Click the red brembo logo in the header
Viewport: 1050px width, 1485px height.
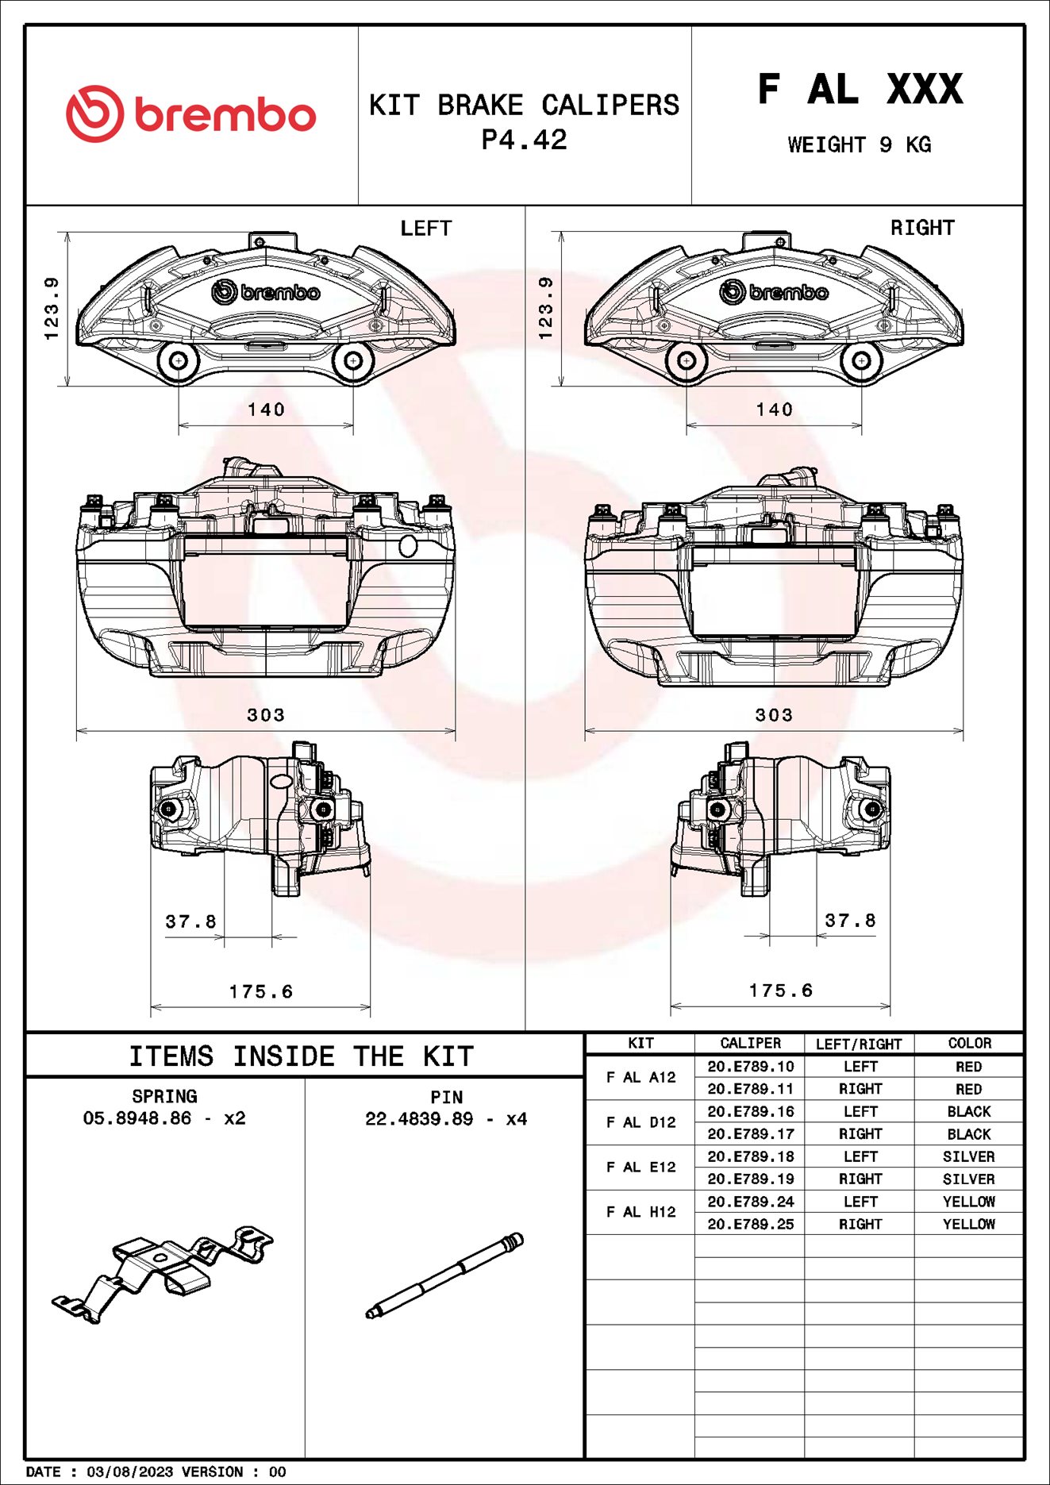point(190,114)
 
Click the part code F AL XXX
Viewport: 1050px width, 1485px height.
point(860,89)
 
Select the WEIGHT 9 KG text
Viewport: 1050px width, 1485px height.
point(860,145)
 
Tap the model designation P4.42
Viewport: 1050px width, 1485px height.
point(525,140)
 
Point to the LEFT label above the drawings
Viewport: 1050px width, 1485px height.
point(425,229)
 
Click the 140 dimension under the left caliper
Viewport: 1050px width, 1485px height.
point(266,410)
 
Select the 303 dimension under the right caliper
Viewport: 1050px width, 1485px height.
point(774,715)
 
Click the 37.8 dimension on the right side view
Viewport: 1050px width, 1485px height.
point(850,921)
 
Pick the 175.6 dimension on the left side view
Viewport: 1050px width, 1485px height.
point(261,991)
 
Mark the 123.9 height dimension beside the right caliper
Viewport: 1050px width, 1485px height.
point(545,308)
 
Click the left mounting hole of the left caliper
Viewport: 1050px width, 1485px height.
point(179,361)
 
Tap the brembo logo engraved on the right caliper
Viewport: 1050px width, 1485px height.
point(774,293)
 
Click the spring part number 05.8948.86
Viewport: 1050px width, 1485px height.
point(137,1118)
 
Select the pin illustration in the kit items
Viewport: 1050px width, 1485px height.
point(444,1275)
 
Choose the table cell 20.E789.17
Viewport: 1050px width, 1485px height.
point(750,1134)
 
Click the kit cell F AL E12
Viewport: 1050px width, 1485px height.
point(640,1167)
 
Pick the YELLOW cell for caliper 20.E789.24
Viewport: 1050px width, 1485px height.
point(968,1202)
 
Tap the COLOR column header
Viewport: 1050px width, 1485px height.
point(969,1043)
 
